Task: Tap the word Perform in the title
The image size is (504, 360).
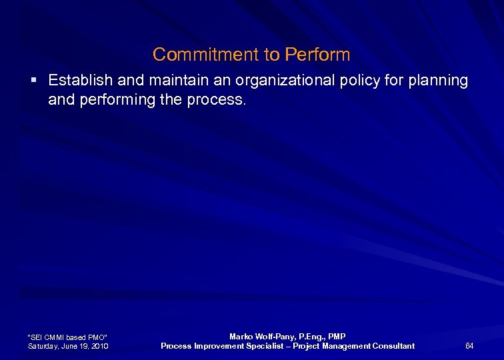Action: coord(317,54)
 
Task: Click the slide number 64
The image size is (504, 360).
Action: coord(469,345)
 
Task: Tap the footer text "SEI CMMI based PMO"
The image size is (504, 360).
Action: coord(67,337)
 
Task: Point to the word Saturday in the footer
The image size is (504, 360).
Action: coord(43,346)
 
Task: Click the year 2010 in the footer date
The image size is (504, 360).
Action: coord(100,346)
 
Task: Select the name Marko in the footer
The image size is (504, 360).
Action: coord(241,337)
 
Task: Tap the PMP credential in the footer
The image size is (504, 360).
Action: coord(335,337)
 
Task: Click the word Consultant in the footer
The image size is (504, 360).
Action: coord(392,345)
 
